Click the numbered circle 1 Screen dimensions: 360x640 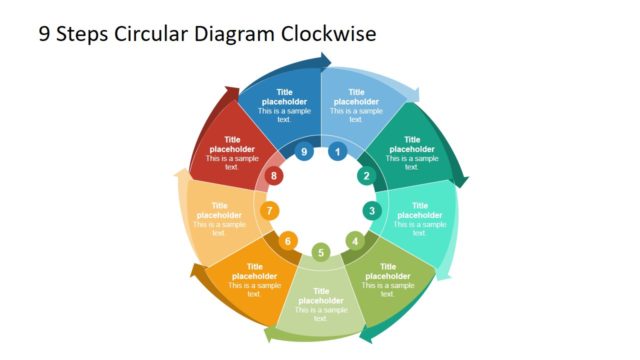(338, 153)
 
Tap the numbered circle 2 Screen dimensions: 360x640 (365, 176)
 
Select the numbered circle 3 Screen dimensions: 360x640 (372, 210)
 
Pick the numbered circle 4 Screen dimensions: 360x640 (354, 240)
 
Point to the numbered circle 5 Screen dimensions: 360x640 (321, 252)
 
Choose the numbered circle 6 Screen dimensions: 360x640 (287, 241)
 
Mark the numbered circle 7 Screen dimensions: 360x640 (269, 211)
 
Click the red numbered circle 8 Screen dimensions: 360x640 (275, 176)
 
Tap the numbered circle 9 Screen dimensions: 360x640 (304, 153)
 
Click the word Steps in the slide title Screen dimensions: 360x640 (79, 34)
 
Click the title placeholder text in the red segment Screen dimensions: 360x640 (232, 145)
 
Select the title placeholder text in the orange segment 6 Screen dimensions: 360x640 (255, 272)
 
